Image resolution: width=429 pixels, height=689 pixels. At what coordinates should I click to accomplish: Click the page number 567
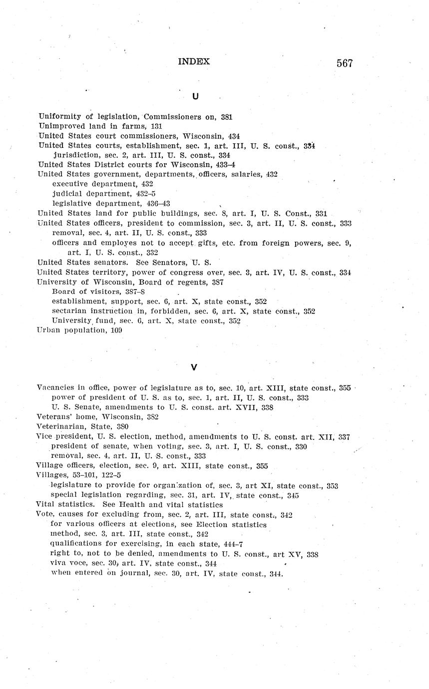[345, 63]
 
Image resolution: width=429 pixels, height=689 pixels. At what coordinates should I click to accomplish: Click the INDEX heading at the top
[194, 62]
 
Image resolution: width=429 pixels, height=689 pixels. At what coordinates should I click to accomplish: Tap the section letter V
[194, 367]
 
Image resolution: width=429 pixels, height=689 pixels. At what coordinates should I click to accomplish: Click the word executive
[70, 184]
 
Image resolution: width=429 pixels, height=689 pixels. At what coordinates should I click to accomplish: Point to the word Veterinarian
[60, 427]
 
